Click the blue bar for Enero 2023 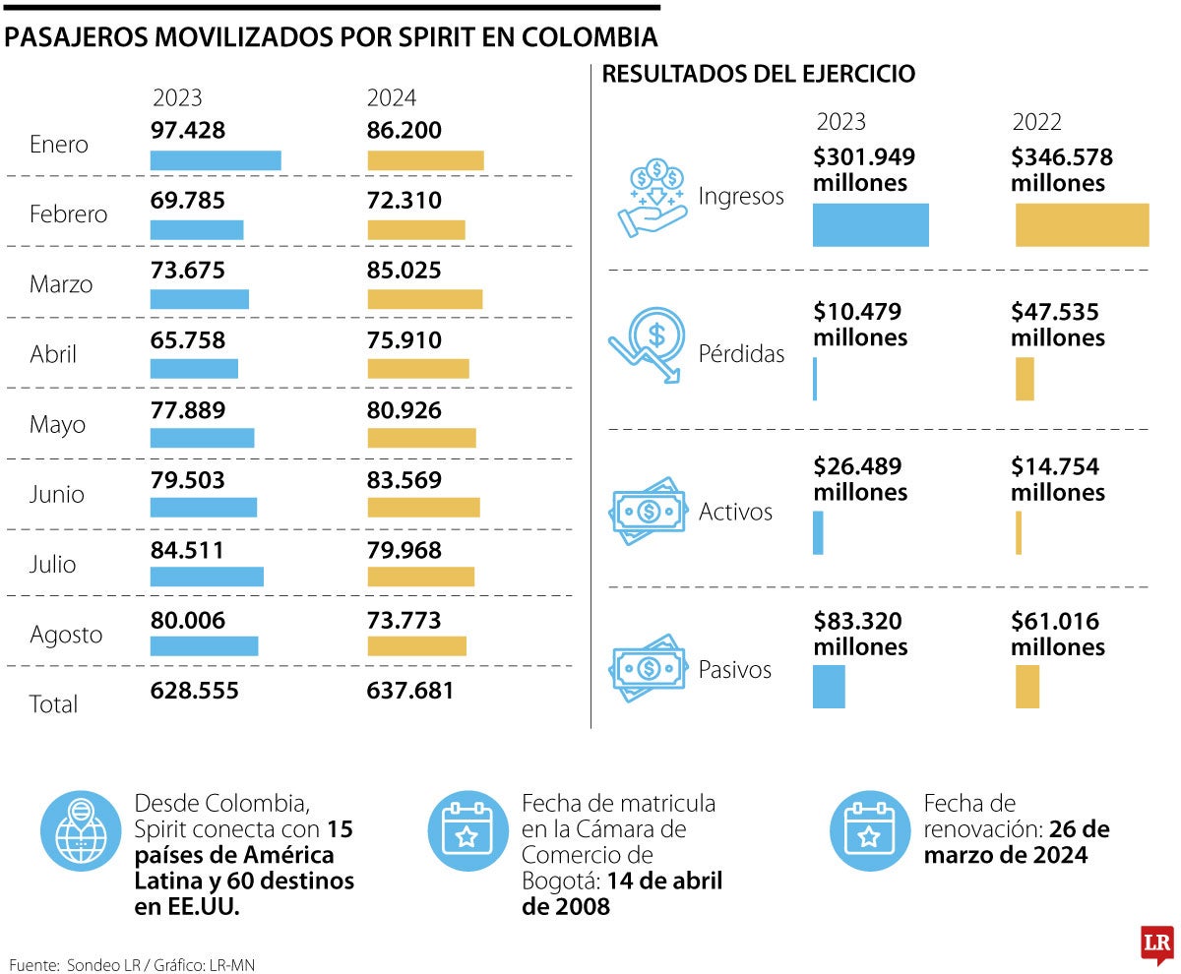[x=216, y=160]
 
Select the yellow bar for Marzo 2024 [x=424, y=300]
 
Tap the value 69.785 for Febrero [x=188, y=201]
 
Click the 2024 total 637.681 [x=410, y=691]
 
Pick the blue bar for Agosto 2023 [x=204, y=646]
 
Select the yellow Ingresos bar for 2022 [x=1082, y=224]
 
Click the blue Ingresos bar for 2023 [x=870, y=224]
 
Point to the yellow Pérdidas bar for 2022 [x=1025, y=379]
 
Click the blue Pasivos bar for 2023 [x=829, y=687]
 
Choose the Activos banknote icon [x=648, y=511]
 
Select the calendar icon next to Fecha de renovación [x=868, y=831]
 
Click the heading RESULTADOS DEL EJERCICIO [x=758, y=74]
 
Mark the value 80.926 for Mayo [x=404, y=410]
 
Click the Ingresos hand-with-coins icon [x=652, y=197]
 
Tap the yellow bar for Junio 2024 [x=423, y=507]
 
